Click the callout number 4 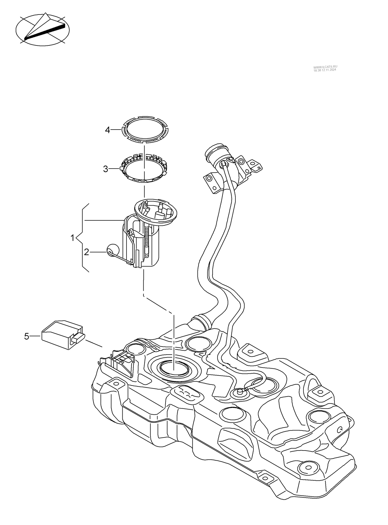click(107, 130)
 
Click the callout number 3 click(106, 169)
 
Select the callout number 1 click(73, 237)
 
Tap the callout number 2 click(86, 252)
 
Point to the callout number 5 click(27, 336)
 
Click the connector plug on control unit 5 click(79, 338)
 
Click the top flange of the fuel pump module click(156, 211)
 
